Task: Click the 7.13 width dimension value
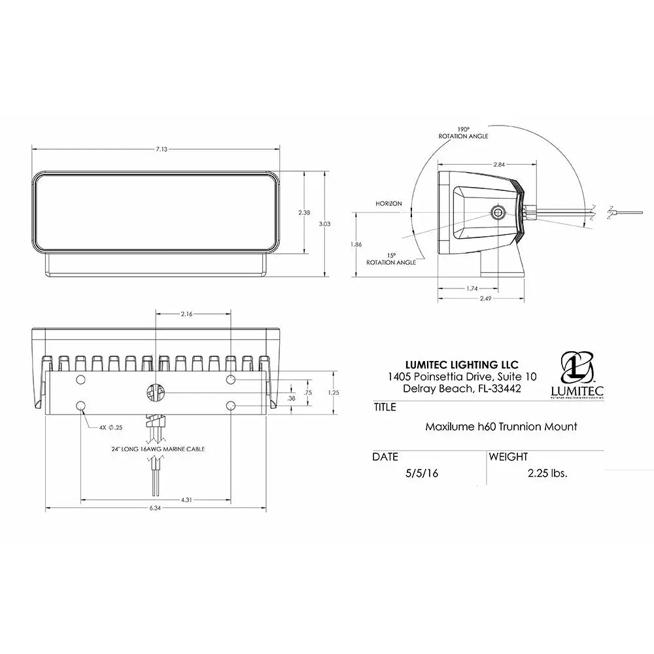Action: tap(162, 149)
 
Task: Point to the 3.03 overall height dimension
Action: tap(325, 223)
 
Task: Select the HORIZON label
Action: tap(388, 203)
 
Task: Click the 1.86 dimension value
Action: tap(356, 244)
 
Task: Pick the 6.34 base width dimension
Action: tap(155, 509)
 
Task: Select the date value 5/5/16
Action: tap(421, 473)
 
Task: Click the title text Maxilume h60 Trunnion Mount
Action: tap(501, 426)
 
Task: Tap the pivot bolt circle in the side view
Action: tap(498, 211)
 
